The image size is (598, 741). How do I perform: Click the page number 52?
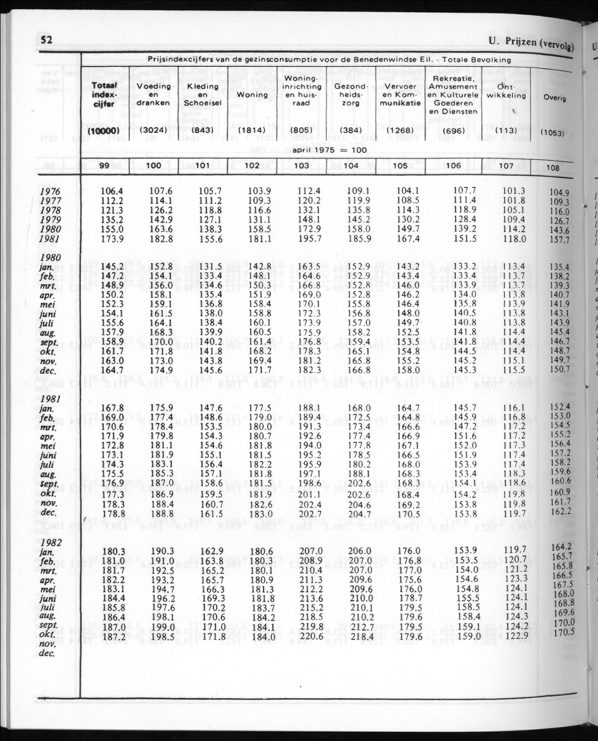point(47,39)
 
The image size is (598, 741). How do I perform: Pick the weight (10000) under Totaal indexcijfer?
point(103,131)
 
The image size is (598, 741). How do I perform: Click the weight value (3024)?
point(153,131)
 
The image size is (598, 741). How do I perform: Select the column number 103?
point(300,166)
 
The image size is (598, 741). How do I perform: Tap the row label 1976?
point(50,191)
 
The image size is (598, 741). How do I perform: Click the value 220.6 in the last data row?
point(309,637)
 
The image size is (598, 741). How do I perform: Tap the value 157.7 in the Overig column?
point(559,240)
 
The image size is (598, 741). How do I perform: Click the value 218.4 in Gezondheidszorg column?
point(360,637)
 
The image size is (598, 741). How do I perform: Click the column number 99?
point(103,166)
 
